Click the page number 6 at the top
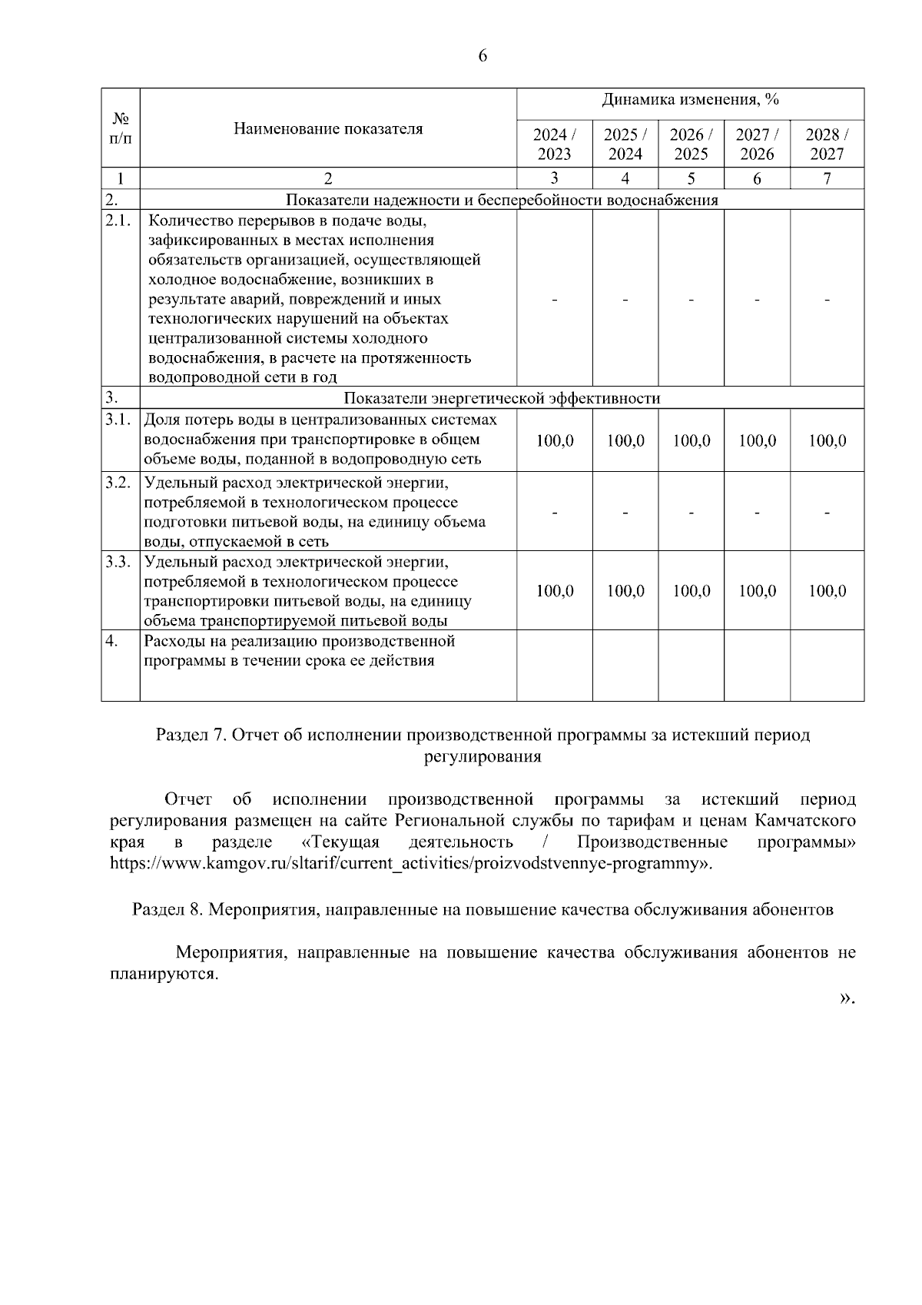[483, 56]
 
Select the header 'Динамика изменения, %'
[690, 100]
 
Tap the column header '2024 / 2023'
[554, 144]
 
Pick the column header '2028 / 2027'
[827, 144]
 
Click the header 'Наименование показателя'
[328, 128]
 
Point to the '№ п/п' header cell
[121, 128]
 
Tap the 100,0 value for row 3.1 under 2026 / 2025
[691, 441]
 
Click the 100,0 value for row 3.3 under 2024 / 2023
[554, 591]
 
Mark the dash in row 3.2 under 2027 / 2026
[757, 513]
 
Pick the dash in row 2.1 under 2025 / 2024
[625, 301]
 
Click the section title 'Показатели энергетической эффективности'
[502, 398]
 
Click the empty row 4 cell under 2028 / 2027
[827, 666]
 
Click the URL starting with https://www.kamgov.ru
[411, 863]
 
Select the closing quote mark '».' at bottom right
[847, 998]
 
